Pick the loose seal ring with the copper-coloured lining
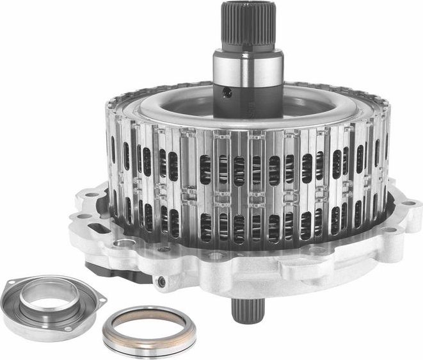[x=149, y=330]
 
